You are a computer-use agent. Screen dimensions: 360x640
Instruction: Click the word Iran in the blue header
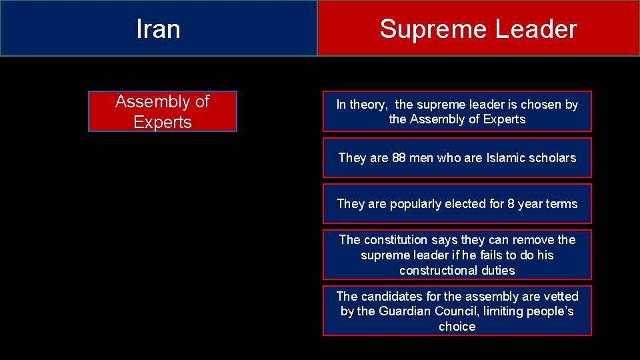pyautogui.click(x=158, y=29)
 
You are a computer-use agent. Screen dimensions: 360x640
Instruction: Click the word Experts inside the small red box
pyautogui.click(x=163, y=122)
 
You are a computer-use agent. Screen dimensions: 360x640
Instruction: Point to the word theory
pyautogui.click(x=368, y=105)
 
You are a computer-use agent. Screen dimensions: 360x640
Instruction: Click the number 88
pyautogui.click(x=399, y=158)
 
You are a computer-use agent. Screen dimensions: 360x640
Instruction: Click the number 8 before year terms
pyautogui.click(x=511, y=204)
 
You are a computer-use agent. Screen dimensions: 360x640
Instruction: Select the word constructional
pyautogui.click(x=439, y=271)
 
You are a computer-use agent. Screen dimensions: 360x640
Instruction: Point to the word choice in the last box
pyautogui.click(x=457, y=327)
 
